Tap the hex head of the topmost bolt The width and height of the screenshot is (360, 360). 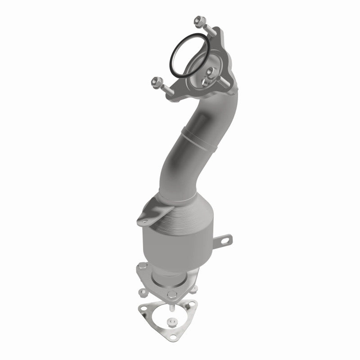(198, 20)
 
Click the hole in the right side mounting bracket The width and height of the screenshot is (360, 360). (225, 239)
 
